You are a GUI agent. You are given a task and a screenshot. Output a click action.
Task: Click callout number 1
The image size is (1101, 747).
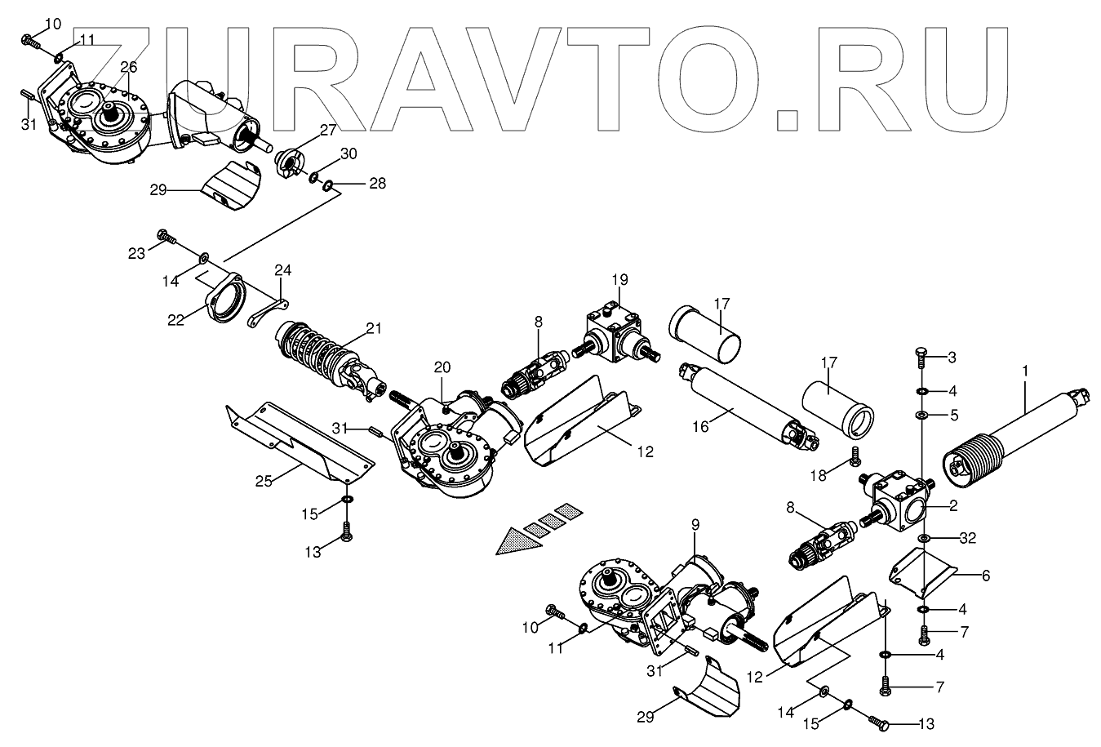[1026, 371]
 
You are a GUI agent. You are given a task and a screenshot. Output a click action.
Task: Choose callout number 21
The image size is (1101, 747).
[374, 329]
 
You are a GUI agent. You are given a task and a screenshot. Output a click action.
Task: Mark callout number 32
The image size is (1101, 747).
[967, 539]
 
